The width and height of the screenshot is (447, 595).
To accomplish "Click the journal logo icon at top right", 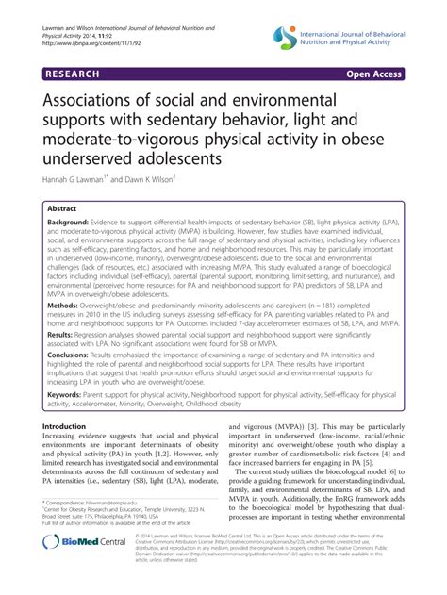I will (x=286, y=37).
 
